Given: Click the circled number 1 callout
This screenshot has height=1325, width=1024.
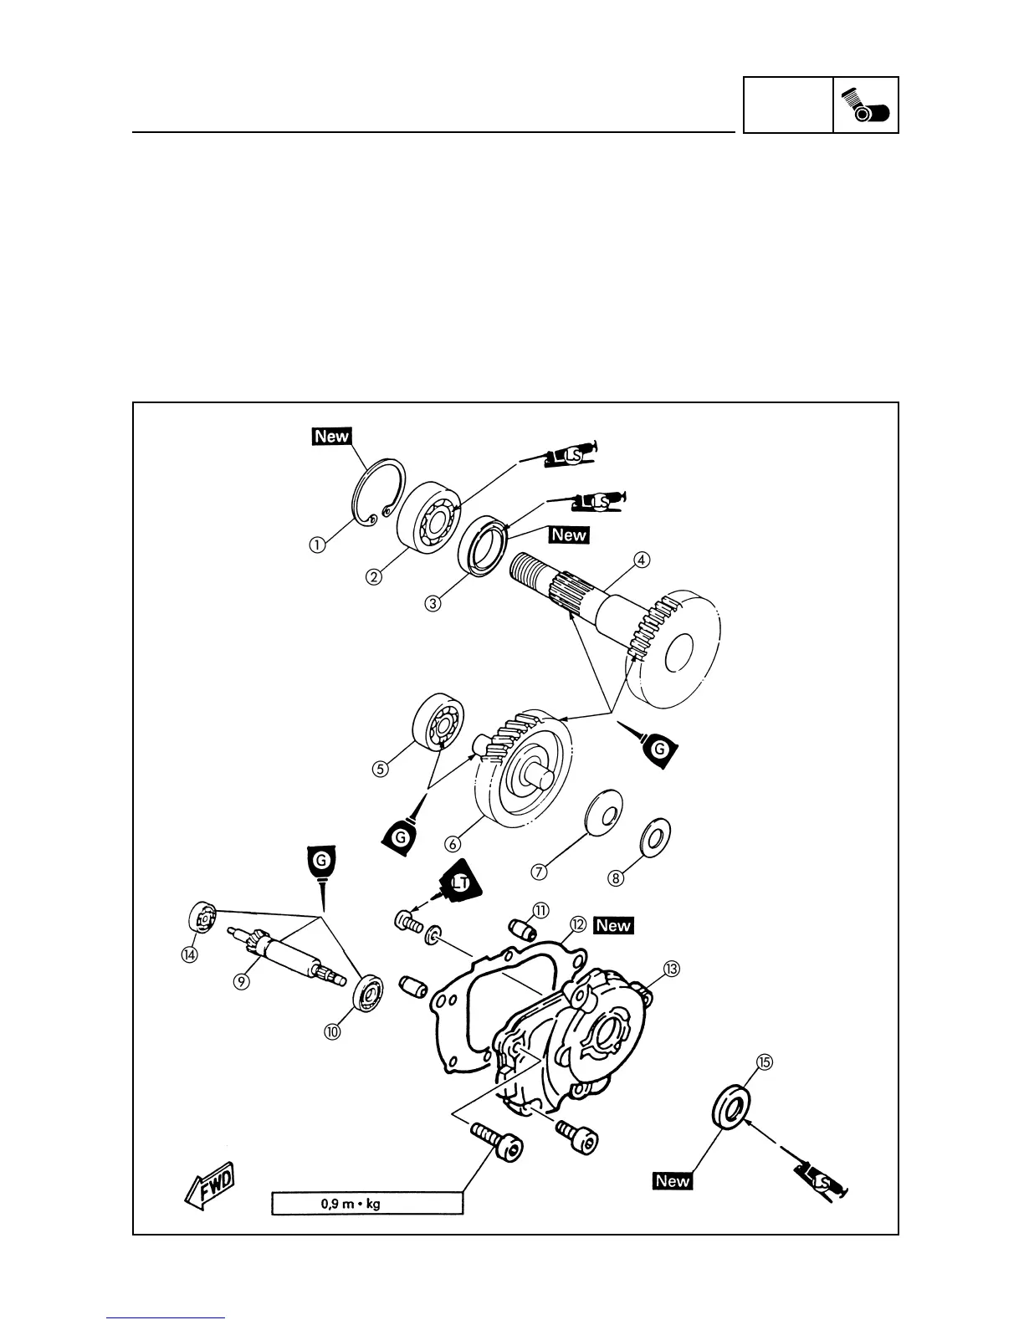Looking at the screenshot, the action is pyautogui.click(x=315, y=545).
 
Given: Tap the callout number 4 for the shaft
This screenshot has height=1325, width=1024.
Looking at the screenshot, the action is pyautogui.click(x=641, y=560).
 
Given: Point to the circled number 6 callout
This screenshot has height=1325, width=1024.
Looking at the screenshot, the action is pyautogui.click(x=453, y=846).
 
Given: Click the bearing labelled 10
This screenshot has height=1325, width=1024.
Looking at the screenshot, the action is pyautogui.click(x=367, y=992).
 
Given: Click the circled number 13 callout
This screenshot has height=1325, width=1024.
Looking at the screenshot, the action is pyautogui.click(x=671, y=969).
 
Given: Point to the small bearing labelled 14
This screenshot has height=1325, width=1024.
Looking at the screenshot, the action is pyautogui.click(x=201, y=918).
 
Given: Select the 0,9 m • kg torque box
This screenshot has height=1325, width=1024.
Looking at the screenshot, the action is pyautogui.click(x=366, y=1205).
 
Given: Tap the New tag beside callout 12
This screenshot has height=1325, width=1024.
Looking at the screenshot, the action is pyautogui.click(x=613, y=925).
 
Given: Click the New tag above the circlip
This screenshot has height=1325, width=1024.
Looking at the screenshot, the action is pyautogui.click(x=331, y=436).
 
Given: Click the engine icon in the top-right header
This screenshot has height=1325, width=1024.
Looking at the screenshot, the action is pyautogui.click(x=866, y=105).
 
